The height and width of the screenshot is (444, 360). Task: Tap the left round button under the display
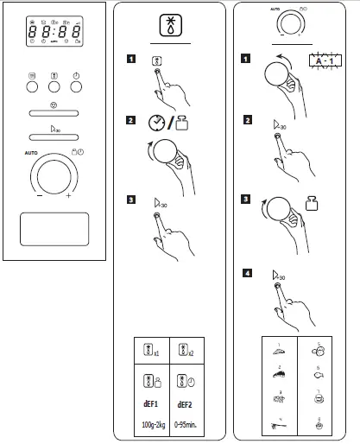tap(32, 86)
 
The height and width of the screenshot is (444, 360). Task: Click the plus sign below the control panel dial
tap(69, 196)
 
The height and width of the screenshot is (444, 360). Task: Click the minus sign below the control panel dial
tap(39, 196)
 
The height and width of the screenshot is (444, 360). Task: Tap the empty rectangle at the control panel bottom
tap(54, 231)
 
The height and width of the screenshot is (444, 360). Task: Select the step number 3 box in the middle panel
tap(129, 201)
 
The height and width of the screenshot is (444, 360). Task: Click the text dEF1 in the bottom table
tap(148, 403)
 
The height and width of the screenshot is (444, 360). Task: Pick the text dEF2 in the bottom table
tap(186, 403)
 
